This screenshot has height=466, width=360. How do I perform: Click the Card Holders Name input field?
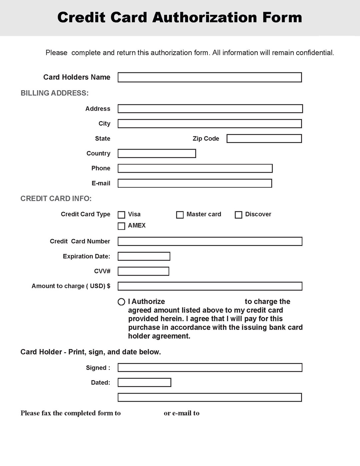pyautogui.click(x=210, y=77)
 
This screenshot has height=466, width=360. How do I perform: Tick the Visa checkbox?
pyautogui.click(x=122, y=215)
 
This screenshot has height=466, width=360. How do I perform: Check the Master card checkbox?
pyautogui.click(x=180, y=215)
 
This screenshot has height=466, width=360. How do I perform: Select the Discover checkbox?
pyautogui.click(x=238, y=215)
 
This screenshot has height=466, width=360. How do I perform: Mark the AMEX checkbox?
pyautogui.click(x=122, y=226)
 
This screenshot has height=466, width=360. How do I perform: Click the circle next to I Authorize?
pyautogui.click(x=121, y=302)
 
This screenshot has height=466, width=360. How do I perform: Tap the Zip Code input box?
pyautogui.click(x=264, y=139)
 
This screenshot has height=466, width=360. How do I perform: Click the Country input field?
pyautogui.click(x=157, y=153)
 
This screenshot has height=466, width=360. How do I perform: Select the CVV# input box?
pyautogui.click(x=143, y=271)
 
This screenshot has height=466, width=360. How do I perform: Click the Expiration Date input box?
pyautogui.click(x=144, y=256)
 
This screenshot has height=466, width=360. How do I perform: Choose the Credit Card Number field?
pyautogui.click(x=210, y=241)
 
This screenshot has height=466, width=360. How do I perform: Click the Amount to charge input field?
pyautogui.click(x=210, y=286)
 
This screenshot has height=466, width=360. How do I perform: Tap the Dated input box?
pyautogui.click(x=144, y=382)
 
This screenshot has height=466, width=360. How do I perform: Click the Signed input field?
pyautogui.click(x=210, y=368)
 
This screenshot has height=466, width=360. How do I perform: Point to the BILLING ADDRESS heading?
pyautogui.click(x=55, y=93)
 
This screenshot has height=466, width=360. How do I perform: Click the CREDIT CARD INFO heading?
pyautogui.click(x=56, y=199)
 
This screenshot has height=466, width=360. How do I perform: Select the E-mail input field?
pyautogui.click(x=195, y=183)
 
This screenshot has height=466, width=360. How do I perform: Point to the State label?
pyautogui.click(x=102, y=139)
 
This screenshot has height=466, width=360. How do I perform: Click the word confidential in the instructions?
pyautogui.click(x=315, y=53)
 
